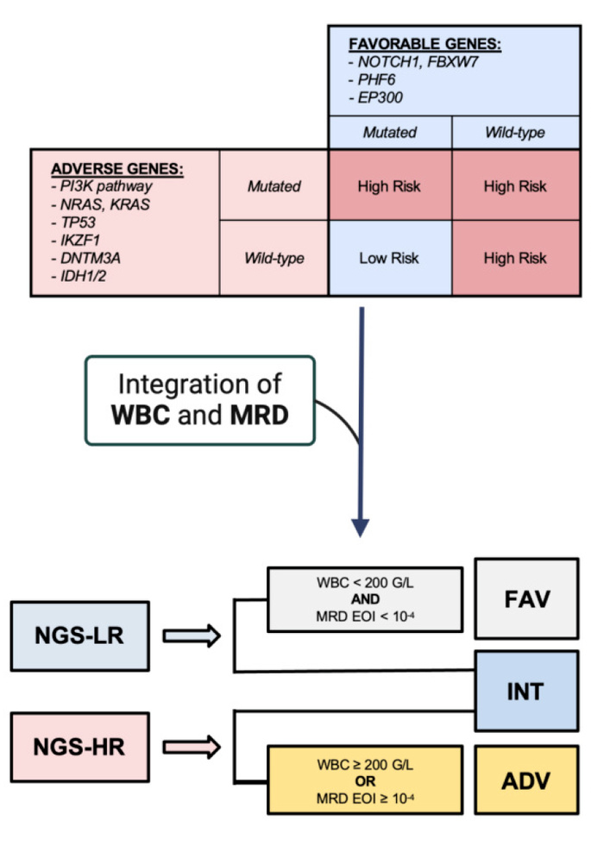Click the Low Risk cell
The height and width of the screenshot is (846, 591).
(x=390, y=258)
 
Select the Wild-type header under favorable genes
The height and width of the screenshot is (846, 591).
(x=514, y=133)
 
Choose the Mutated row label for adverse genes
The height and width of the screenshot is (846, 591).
(x=273, y=185)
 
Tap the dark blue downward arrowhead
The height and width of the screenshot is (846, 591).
(x=361, y=527)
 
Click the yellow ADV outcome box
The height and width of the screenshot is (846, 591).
(x=526, y=782)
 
